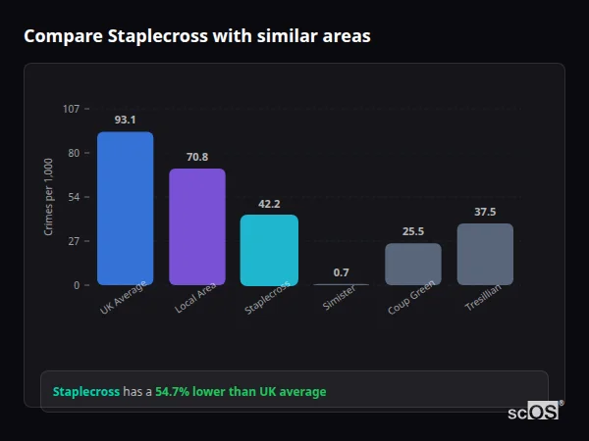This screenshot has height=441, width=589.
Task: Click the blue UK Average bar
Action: click(x=125, y=209)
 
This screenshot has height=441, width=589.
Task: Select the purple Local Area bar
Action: click(x=197, y=227)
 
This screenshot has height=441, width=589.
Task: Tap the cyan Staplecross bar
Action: click(x=269, y=250)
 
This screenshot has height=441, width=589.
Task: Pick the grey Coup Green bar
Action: click(x=413, y=265)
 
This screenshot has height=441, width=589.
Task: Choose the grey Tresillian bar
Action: click(x=485, y=255)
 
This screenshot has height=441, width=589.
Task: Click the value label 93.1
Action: click(x=125, y=120)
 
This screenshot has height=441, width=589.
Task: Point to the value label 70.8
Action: click(x=197, y=157)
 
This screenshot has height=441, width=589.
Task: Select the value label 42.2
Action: click(x=269, y=204)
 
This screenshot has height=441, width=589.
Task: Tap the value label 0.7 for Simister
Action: click(x=341, y=272)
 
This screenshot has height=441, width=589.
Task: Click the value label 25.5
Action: click(x=413, y=231)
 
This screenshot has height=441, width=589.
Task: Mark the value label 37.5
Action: click(x=485, y=212)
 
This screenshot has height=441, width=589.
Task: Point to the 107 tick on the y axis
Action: click(x=71, y=109)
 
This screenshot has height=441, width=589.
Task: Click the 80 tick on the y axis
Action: click(x=74, y=153)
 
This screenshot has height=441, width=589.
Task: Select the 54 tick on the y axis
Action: click(x=74, y=197)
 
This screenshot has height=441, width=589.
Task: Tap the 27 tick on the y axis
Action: click(x=74, y=241)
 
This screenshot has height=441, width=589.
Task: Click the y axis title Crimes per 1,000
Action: click(x=49, y=197)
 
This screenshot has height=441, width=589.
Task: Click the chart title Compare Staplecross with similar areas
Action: click(x=197, y=36)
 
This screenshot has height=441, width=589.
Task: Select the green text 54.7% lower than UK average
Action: click(x=241, y=392)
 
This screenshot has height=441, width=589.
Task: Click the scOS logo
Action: click(x=534, y=412)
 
